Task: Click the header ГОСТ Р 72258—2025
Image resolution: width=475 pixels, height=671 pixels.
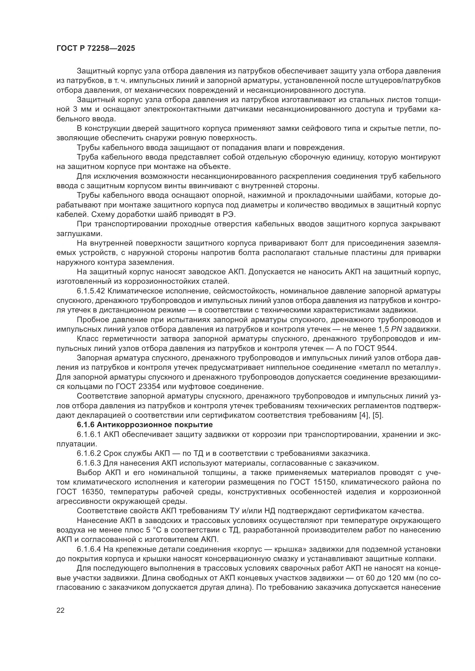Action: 96,48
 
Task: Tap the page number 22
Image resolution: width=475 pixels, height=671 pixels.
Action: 61,610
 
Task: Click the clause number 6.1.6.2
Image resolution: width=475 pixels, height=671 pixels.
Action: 89,453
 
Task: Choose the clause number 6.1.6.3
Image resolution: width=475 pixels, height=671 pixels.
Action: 89,463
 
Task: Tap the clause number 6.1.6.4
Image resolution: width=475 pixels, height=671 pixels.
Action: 89,549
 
